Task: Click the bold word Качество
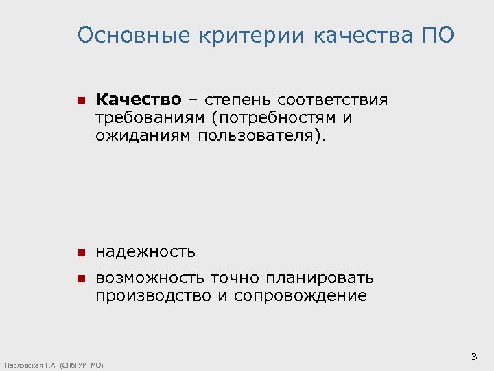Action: click(x=139, y=101)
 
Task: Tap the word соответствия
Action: click(x=333, y=101)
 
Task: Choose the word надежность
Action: click(x=145, y=252)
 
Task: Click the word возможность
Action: click(x=150, y=278)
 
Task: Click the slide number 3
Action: click(x=473, y=356)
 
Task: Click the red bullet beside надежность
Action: click(x=80, y=253)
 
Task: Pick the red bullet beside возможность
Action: click(x=80, y=279)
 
